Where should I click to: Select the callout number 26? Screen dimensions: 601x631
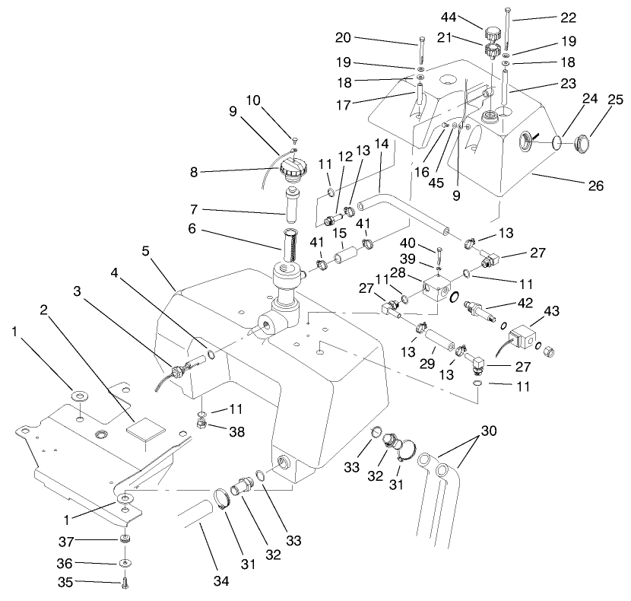tap(596, 185)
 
